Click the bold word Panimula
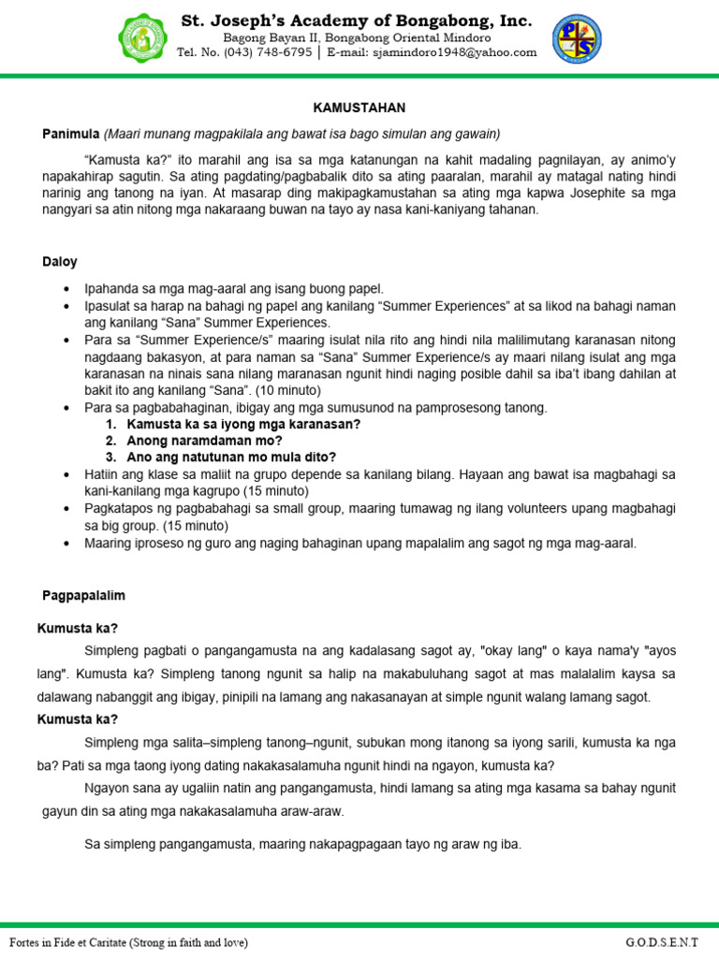[x=71, y=133]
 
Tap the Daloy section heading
[x=60, y=262]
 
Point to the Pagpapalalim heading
[x=84, y=595]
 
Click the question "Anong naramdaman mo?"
[x=193, y=440]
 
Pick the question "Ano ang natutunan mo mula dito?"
[x=231, y=457]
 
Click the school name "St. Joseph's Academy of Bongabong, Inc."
[x=357, y=21]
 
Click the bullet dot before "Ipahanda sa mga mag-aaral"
[x=65, y=290]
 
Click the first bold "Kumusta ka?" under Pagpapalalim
[x=78, y=628]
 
